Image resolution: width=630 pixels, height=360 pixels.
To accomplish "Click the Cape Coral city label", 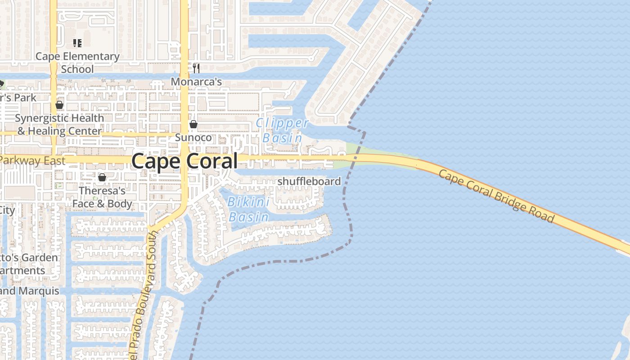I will tap(184, 161).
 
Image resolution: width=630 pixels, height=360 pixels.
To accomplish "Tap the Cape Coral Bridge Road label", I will tap(496, 196).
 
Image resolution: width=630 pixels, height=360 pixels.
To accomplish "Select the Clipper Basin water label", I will tap(282, 130).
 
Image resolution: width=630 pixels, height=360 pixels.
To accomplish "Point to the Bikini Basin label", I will tap(249, 209).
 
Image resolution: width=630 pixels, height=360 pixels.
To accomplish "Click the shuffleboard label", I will tap(309, 181).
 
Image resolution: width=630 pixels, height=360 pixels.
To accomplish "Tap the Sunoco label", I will tap(193, 137).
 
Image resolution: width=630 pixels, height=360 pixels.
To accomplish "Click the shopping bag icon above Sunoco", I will tap(193, 124).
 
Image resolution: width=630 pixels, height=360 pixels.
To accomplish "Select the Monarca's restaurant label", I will tap(196, 82).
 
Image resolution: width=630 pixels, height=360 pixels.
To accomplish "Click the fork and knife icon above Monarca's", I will tap(196, 68).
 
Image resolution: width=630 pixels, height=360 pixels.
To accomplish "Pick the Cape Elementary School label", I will tap(77, 63).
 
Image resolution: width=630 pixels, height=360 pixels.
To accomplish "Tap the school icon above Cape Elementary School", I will tap(77, 43).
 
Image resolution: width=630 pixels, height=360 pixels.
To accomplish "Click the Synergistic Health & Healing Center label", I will tap(59, 125).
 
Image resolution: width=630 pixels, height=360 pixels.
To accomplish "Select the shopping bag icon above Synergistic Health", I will tap(59, 105).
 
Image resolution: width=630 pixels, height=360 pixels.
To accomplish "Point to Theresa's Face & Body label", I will tap(102, 197).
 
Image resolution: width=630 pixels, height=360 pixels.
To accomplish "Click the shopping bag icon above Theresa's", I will tap(102, 177).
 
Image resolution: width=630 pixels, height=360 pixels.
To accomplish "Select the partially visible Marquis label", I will tap(30, 291).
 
